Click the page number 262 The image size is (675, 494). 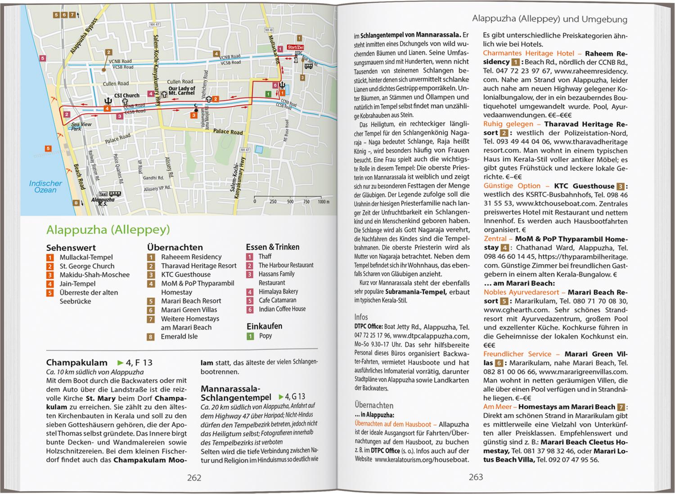[194, 478]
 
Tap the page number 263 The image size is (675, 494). [476, 477]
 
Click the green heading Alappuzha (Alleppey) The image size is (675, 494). [108, 230]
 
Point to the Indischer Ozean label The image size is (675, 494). [45, 187]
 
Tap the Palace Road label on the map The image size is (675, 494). [228, 132]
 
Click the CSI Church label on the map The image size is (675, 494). [126, 95]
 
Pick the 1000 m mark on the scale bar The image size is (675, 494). [323, 201]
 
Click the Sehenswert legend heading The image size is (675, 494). [71, 248]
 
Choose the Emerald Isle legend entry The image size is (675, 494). [179, 336]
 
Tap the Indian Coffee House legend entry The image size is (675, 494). [282, 309]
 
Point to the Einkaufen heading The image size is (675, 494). [264, 326]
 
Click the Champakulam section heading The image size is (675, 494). [77, 362]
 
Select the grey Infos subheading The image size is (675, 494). [361, 316]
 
